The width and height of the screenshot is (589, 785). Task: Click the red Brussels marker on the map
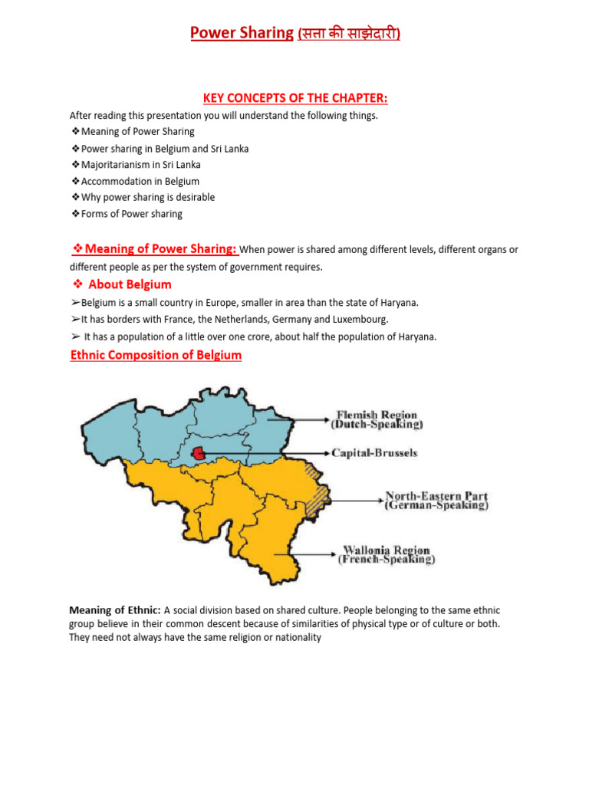(199, 453)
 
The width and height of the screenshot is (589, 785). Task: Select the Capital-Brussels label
(375, 453)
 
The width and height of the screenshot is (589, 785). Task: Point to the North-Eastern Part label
(436, 496)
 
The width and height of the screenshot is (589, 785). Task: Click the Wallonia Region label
(387, 550)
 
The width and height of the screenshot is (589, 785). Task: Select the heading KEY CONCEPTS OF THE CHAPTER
(294, 98)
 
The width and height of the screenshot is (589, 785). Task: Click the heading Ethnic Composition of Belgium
(156, 355)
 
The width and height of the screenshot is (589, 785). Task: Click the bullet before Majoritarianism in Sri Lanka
(74, 165)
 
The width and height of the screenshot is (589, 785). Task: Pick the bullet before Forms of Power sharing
(74, 214)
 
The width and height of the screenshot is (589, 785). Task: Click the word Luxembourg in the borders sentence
(360, 319)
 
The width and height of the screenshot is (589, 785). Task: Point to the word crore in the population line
(244, 337)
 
